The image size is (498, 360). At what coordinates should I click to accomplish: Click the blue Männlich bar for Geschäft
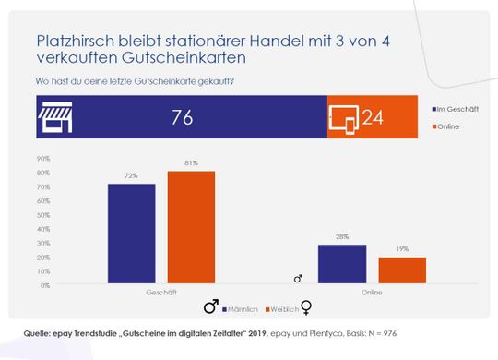point(132,234)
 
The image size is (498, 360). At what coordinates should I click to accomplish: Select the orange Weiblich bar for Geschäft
point(191,228)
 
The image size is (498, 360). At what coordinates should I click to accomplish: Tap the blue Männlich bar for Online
point(341,265)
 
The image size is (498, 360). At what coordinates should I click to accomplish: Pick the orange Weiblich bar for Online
point(401,271)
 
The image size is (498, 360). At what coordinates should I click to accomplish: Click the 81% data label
point(191,164)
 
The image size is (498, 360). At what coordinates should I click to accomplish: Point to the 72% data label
point(132,177)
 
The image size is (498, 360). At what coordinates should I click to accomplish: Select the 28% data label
point(341,238)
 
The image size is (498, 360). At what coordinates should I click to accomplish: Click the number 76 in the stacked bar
point(183,117)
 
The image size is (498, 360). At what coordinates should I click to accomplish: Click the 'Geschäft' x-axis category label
point(161,293)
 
